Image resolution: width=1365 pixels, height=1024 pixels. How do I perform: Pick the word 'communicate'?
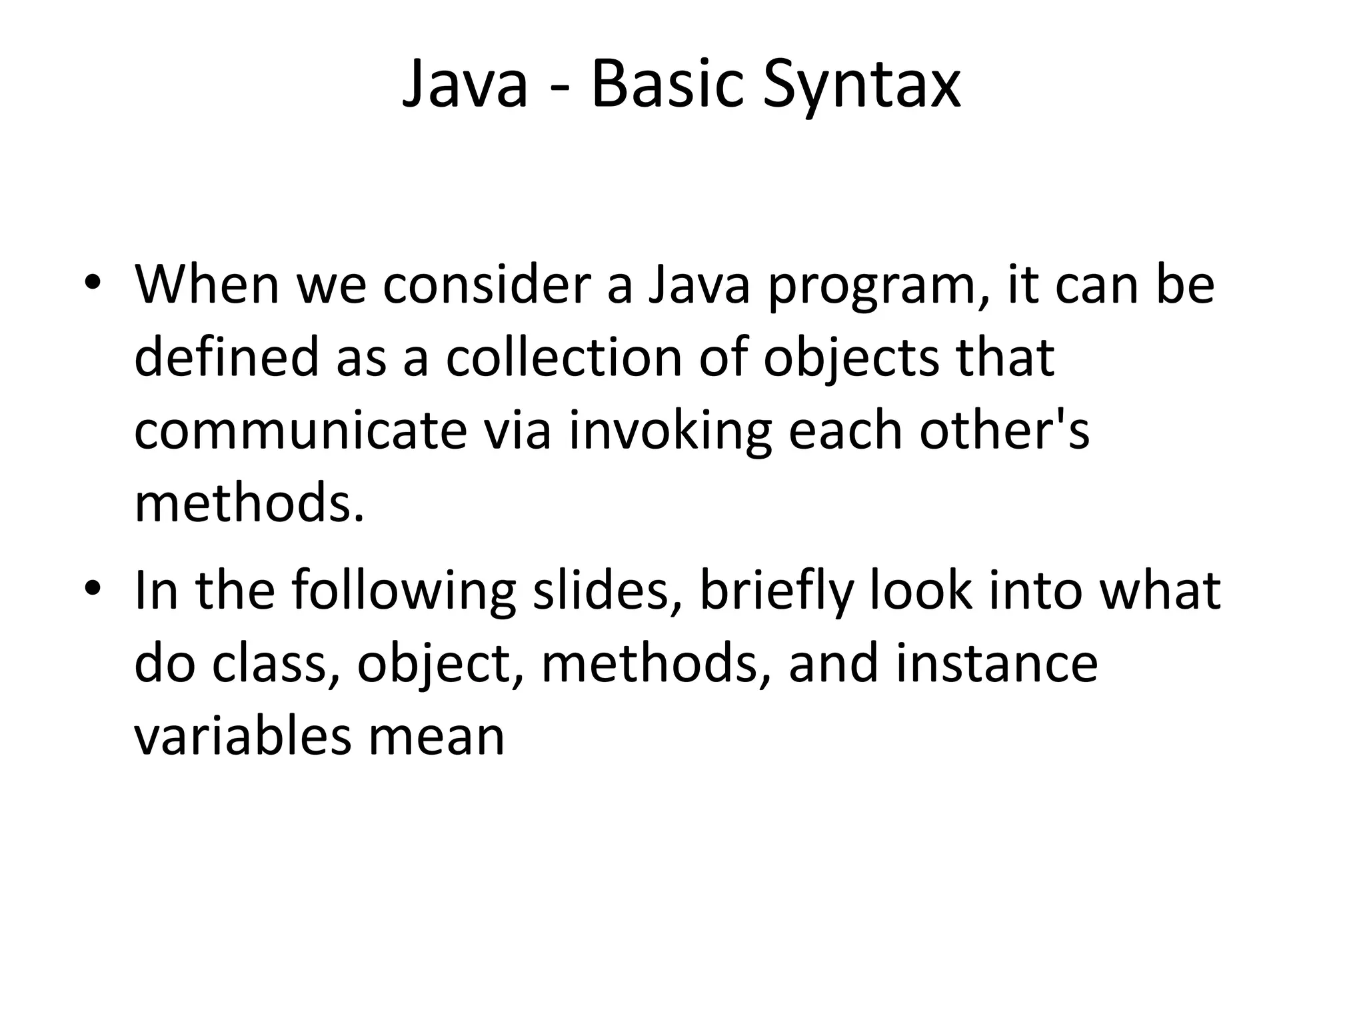pos(301,431)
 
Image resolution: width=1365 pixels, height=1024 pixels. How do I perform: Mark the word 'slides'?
pos(601,591)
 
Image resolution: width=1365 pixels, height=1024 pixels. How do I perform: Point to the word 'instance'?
pos(996,664)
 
